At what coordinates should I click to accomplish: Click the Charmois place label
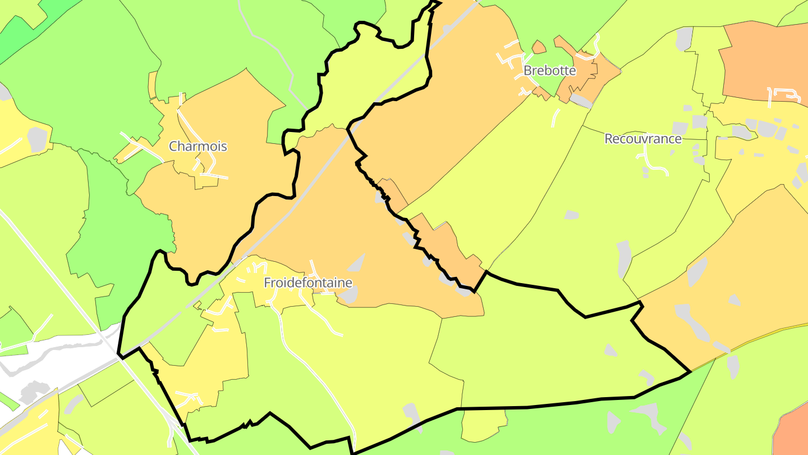[198, 147]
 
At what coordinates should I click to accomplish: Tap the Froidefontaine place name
[308, 283]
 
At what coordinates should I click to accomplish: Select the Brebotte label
[549, 71]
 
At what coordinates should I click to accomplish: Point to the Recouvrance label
[642, 139]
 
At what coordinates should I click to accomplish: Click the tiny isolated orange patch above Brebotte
[539, 47]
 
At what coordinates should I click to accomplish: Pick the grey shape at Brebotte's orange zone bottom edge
[581, 100]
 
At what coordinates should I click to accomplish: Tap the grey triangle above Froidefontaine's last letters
[356, 263]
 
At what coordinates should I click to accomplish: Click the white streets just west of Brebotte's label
[511, 59]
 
